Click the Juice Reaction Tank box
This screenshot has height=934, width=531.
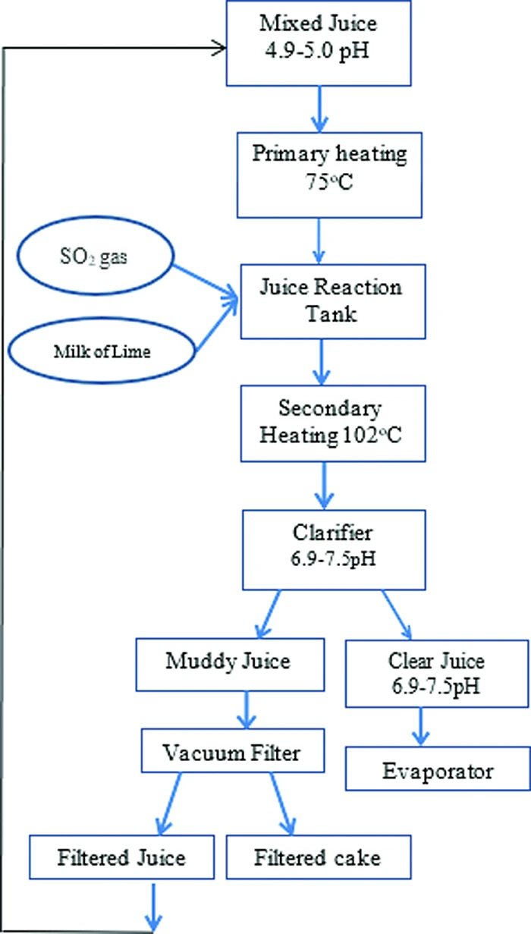pyautogui.click(x=330, y=300)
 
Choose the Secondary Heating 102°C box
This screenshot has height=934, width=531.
pyautogui.click(x=330, y=423)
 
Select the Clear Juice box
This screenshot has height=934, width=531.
pyautogui.click(x=430, y=671)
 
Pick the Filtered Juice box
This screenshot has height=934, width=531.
pyautogui.click(x=121, y=857)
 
